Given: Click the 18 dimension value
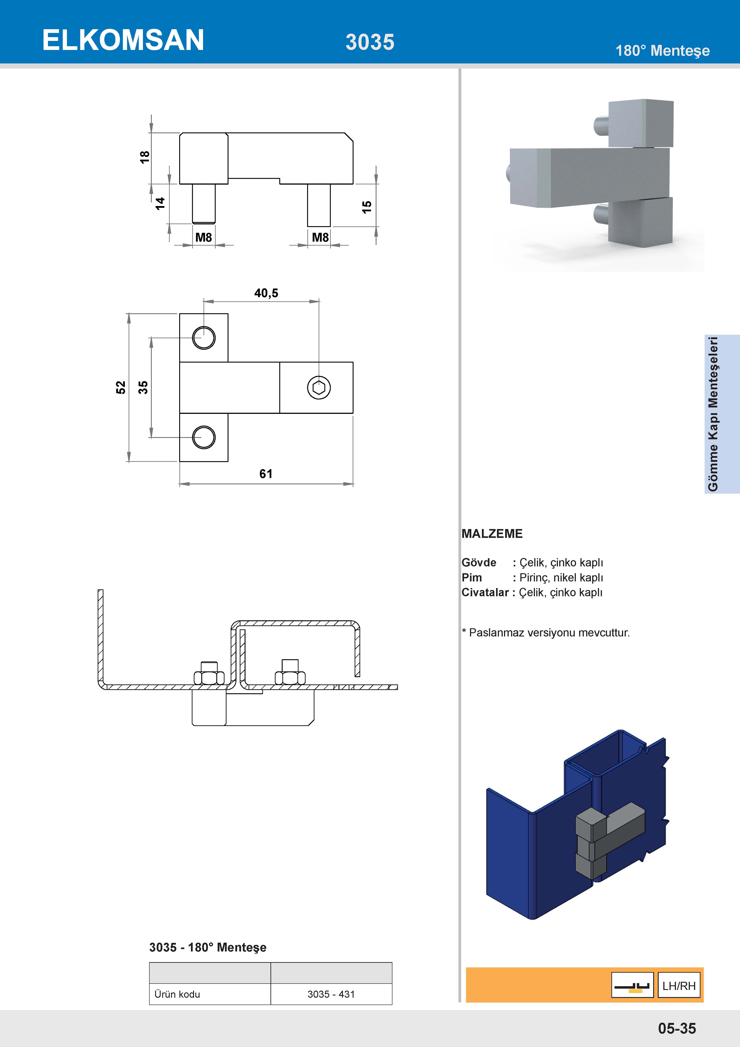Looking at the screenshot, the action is pos(145,157).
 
